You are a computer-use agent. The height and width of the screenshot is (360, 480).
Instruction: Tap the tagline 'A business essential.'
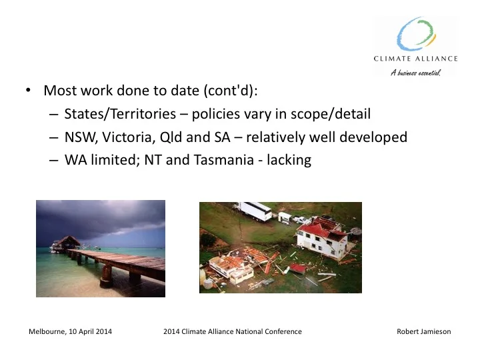pyautogui.click(x=415, y=73)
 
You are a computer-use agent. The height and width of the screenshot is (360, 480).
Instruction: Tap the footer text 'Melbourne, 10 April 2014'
pyautogui.click(x=71, y=331)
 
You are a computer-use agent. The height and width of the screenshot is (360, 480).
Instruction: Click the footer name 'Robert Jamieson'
pyautogui.click(x=423, y=331)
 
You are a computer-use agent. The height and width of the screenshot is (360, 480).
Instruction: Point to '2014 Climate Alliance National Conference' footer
pyautogui.click(x=232, y=331)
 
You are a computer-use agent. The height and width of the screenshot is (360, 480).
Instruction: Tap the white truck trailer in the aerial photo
pyautogui.click(x=253, y=211)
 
